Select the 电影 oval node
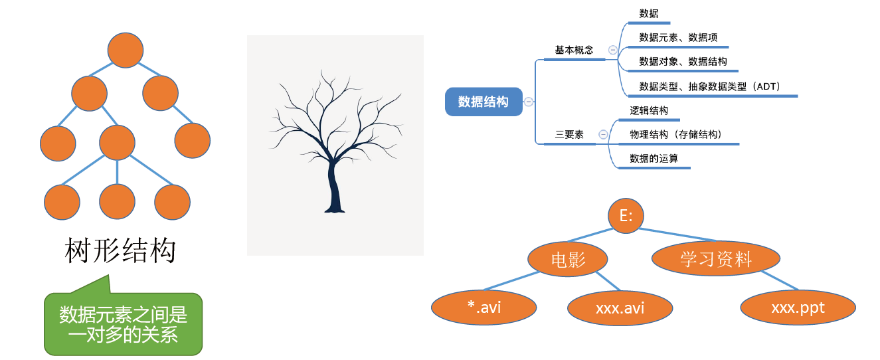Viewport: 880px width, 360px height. click(569, 258)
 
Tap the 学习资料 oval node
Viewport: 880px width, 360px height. click(715, 258)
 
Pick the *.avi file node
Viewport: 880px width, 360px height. click(484, 308)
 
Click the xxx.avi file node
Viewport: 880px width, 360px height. click(620, 308)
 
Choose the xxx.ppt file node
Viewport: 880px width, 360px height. click(798, 308)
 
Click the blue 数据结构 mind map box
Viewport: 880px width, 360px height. click(484, 102)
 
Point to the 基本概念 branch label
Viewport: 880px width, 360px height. click(574, 50)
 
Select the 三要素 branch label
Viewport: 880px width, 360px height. click(569, 134)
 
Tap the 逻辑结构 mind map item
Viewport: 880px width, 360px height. click(649, 110)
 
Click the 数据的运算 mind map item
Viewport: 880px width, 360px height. click(654, 159)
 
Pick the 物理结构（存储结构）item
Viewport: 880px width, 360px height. click(675, 134)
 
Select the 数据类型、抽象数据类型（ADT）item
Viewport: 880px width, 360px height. click(709, 86)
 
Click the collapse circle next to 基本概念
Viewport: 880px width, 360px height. click(612, 50)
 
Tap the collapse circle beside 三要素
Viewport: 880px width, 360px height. click(603, 134)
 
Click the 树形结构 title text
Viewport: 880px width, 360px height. click(120, 251)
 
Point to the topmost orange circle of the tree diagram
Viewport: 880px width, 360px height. click(126, 50)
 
